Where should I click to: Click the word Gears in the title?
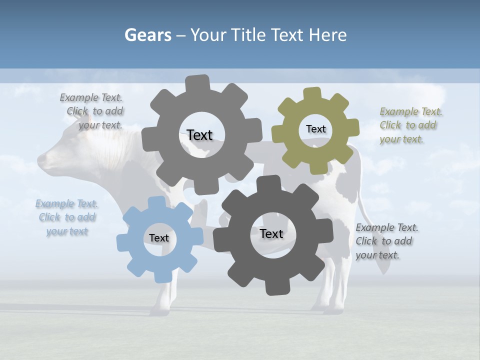coord(147,35)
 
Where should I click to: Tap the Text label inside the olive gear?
coord(315,129)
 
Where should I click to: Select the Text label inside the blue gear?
coord(158,238)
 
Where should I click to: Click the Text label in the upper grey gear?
coord(199,135)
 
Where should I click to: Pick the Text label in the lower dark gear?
coord(271,233)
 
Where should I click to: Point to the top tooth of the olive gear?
coord(312,94)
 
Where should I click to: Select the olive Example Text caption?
coord(410,125)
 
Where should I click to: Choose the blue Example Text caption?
coord(66,217)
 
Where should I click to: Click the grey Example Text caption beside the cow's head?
coord(92,111)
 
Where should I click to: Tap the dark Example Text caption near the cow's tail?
coord(386,241)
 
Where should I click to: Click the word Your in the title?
coord(208,35)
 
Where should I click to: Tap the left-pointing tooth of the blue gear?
coord(123,243)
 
